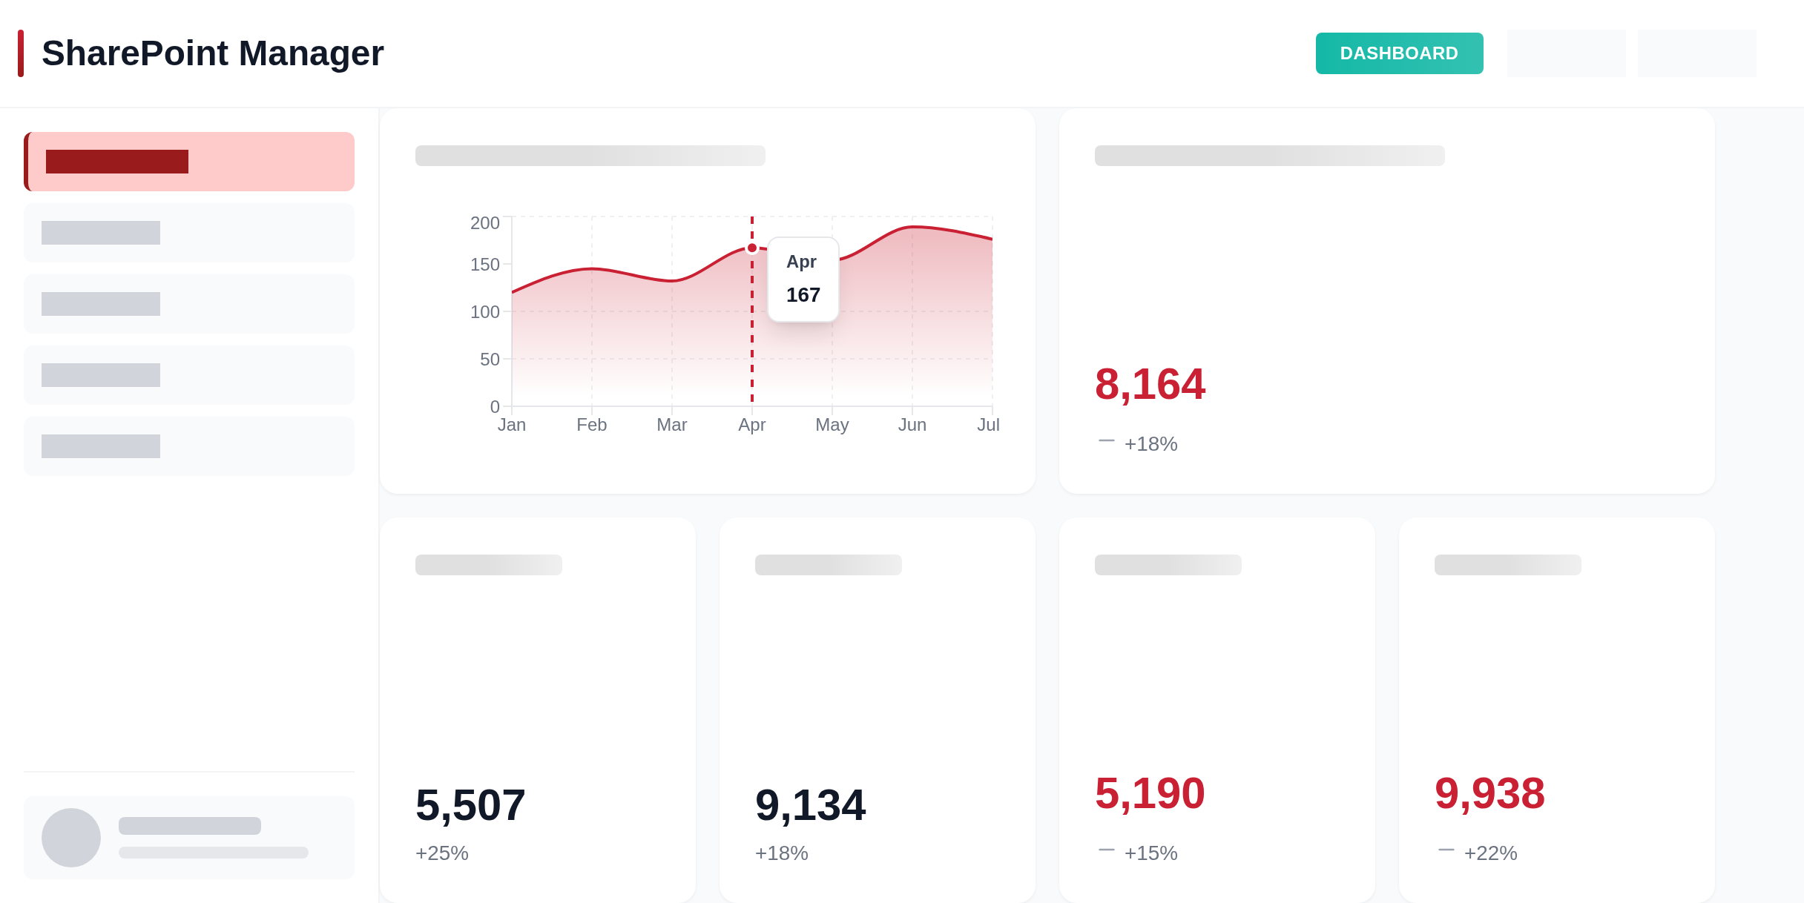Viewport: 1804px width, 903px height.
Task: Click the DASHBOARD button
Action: coord(1399,53)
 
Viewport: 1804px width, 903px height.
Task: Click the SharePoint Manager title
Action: coord(213,53)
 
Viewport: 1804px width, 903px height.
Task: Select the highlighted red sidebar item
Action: coord(189,162)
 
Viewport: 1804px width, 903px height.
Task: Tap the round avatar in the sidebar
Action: coord(71,838)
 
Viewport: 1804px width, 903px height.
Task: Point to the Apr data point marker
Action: coord(752,248)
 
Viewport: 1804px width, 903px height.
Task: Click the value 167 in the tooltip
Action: coord(803,295)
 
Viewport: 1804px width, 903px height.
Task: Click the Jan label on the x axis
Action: coord(512,425)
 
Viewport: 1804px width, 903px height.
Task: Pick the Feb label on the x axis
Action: coord(592,425)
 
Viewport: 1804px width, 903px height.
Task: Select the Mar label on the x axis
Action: coord(672,425)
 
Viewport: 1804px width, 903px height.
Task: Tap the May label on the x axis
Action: coord(832,425)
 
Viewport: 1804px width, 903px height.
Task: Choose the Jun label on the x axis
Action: coord(912,425)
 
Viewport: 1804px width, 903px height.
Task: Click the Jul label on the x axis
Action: coord(988,425)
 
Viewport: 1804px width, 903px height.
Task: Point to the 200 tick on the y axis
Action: coord(485,223)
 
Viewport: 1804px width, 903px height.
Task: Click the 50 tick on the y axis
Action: coord(490,360)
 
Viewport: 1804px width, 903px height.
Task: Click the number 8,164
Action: coord(1150,385)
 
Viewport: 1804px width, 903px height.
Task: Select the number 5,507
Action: coord(470,805)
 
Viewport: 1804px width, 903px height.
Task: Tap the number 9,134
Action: coord(810,805)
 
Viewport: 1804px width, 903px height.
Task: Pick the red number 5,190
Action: coord(1150,793)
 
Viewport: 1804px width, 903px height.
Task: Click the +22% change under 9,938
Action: coord(1491,853)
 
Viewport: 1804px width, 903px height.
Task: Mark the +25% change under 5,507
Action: coord(442,853)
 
